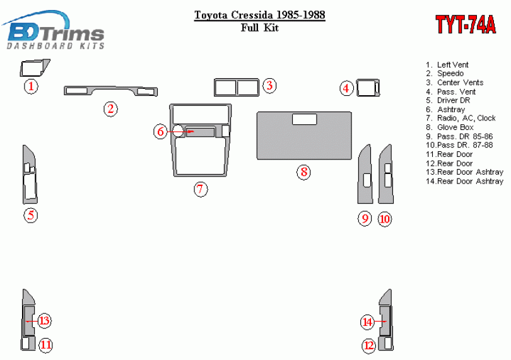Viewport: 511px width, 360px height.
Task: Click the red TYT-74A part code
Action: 466,24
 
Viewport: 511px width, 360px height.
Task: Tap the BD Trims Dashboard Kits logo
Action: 54,31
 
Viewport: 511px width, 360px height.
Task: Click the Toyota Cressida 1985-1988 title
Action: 260,15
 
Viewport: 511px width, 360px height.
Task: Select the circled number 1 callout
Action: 31,86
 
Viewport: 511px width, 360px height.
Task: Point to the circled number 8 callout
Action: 303,171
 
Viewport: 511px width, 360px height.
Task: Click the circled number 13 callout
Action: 44,320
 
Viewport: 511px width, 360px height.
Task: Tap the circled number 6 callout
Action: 160,131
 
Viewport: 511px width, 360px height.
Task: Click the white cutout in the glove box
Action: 304,119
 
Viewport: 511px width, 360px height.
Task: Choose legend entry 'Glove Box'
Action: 450,127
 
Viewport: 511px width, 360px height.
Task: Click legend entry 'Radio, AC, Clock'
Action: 461,118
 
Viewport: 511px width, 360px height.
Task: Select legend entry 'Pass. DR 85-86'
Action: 459,136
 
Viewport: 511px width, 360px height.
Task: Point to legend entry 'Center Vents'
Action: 455,83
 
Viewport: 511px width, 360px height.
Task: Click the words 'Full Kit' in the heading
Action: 260,28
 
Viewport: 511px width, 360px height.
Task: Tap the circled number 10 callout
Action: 385,219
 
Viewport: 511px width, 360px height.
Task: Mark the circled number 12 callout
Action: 369,345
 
